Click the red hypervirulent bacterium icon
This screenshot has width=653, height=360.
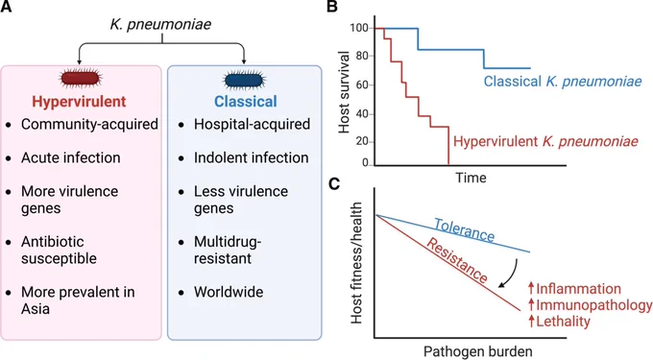[80, 79]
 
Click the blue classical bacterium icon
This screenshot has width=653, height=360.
[244, 80]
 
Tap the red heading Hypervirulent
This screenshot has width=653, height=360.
[79, 102]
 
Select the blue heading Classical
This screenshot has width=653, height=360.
[246, 102]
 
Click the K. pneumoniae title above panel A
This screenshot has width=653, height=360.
[160, 24]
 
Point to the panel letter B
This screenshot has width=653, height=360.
[332, 7]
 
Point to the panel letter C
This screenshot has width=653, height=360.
[334, 183]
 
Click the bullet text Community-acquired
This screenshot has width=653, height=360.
[89, 124]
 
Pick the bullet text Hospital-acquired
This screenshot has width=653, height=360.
[252, 124]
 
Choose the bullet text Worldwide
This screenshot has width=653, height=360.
[229, 292]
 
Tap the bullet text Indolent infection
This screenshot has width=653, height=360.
[252, 157]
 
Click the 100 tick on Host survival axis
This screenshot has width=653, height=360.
[362, 28]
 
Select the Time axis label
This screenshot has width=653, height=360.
[471, 178]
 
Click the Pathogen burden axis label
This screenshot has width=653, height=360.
[478, 351]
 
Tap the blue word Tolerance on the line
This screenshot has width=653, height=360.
[465, 229]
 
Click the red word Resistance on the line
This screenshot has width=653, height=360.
[457, 261]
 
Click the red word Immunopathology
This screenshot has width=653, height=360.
[591, 305]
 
